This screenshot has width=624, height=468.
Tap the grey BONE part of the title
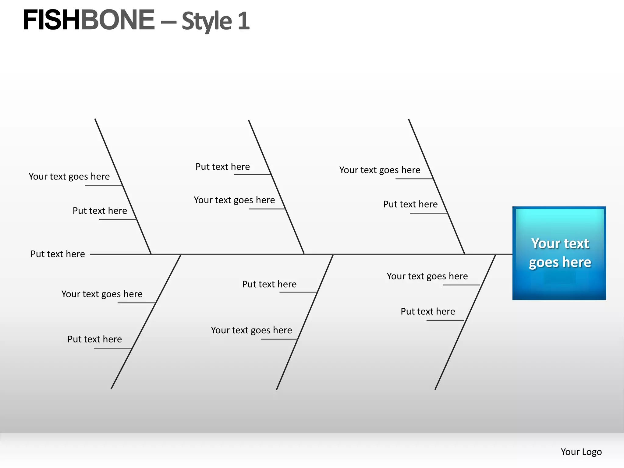(117, 20)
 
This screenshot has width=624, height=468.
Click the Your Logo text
(581, 452)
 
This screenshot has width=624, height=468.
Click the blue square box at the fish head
(559, 253)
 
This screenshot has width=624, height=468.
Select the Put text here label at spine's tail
(58, 254)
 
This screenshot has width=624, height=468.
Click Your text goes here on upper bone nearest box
(380, 170)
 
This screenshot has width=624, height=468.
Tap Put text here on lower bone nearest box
(428, 311)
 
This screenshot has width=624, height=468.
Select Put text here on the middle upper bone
(222, 167)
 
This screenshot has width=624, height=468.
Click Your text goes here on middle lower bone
(251, 330)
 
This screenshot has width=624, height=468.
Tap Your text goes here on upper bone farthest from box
(69, 176)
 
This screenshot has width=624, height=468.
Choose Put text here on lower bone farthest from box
(94, 339)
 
